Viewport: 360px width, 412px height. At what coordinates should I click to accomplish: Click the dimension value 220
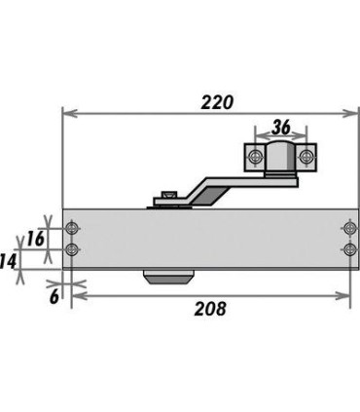(x=217, y=102)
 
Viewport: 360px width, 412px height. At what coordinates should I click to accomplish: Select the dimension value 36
(x=281, y=127)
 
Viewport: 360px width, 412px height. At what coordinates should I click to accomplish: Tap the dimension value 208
(x=210, y=309)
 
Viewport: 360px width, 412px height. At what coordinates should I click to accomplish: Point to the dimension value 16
(x=35, y=239)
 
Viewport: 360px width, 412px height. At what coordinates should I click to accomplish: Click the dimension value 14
(x=8, y=262)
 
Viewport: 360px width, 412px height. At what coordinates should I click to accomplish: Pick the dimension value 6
(x=54, y=296)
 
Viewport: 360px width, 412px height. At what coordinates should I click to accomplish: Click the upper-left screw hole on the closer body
(x=72, y=228)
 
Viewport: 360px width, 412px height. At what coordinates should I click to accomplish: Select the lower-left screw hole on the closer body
(x=72, y=249)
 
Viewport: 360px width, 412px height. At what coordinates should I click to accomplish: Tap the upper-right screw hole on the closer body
(x=349, y=228)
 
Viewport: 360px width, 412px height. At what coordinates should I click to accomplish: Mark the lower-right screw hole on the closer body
(x=349, y=249)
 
